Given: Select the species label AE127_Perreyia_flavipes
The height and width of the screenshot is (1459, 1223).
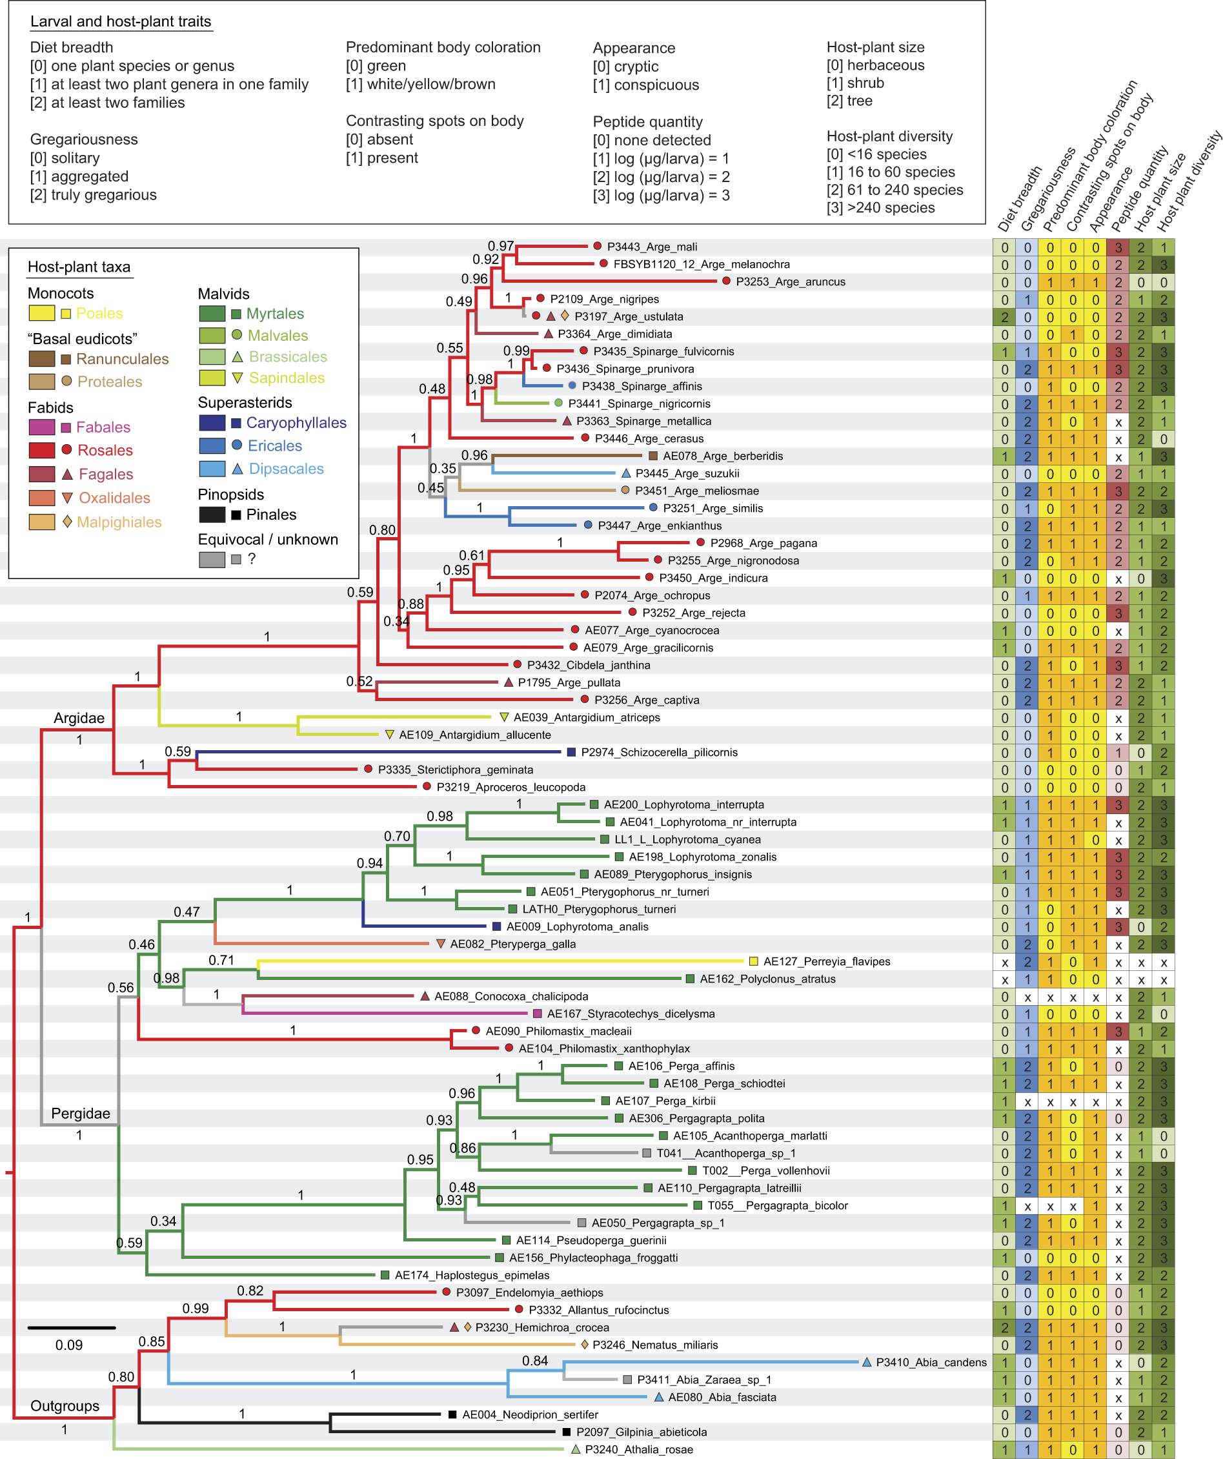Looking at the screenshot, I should [827, 961].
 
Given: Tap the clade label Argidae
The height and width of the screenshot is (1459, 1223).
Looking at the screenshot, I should [79, 718].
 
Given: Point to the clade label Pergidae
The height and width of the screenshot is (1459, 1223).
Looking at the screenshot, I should [81, 1113].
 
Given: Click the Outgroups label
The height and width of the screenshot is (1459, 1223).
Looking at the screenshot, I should [65, 1405].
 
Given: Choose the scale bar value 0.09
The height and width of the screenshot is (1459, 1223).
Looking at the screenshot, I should [69, 1345].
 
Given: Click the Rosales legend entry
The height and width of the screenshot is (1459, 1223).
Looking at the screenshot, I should [105, 450].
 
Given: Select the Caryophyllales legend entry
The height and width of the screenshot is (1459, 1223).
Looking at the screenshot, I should [296, 422].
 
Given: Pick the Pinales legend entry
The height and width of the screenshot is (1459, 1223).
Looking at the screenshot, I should [271, 514].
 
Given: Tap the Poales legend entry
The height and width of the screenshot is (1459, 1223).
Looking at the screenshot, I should [99, 313].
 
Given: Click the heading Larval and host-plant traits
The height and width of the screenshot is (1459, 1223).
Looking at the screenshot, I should [120, 21].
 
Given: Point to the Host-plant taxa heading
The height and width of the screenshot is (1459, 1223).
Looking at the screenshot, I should [79, 267].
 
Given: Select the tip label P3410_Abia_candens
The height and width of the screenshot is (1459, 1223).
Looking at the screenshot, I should [931, 1362].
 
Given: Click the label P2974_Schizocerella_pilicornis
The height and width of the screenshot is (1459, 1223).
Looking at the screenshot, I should [659, 753].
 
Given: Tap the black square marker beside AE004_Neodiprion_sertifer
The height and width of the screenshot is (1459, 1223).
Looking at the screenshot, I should [452, 1414].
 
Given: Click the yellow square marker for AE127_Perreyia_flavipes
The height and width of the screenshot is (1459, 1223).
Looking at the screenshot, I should [753, 961].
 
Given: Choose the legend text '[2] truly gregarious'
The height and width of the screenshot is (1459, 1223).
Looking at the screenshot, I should [93, 194].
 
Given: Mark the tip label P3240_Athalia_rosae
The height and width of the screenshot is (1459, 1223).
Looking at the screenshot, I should [638, 1449].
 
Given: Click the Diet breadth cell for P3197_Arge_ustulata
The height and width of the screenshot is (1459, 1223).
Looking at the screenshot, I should [1004, 317].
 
